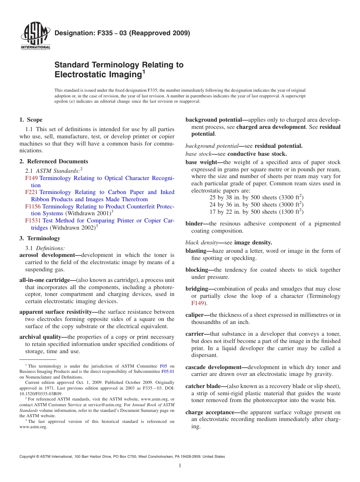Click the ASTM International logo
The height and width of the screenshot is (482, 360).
(x=35, y=36)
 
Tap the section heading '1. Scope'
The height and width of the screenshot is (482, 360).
(x=31, y=120)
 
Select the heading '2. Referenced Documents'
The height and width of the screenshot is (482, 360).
(x=53, y=161)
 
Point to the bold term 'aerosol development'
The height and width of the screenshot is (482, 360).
(x=49, y=255)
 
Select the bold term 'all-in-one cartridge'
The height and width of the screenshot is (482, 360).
(x=47, y=280)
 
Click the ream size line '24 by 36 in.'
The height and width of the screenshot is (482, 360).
(x=256, y=205)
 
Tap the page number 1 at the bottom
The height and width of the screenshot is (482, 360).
(x=180, y=466)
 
